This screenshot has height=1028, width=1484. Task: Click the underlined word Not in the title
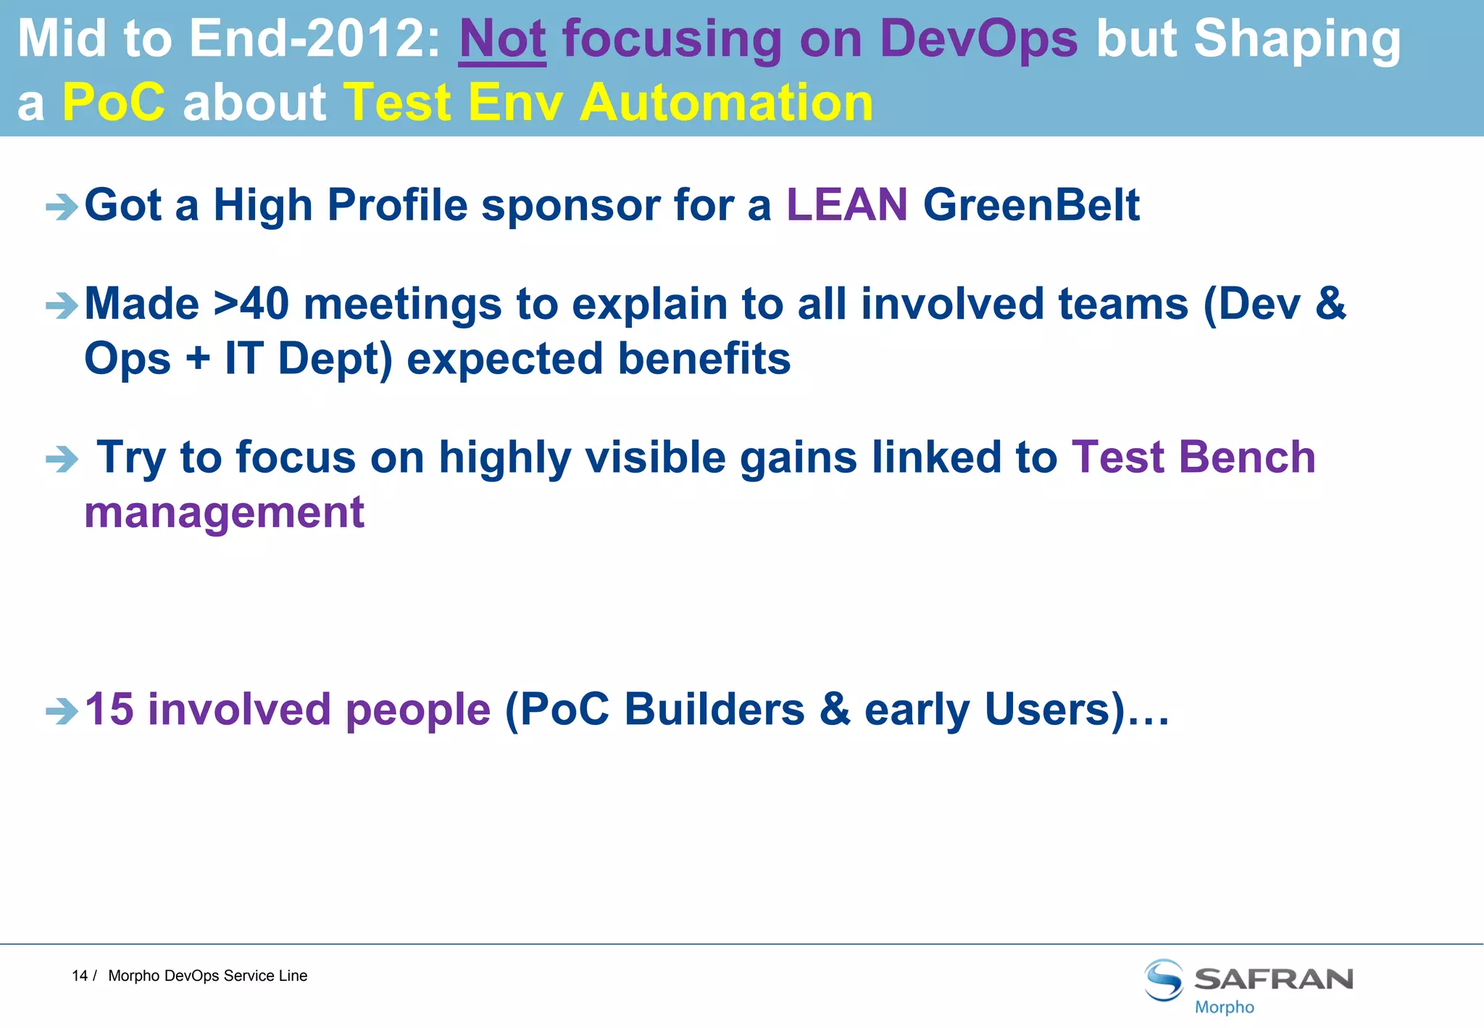(502, 39)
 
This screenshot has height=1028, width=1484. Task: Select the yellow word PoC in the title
(114, 103)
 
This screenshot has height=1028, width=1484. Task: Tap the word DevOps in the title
(978, 39)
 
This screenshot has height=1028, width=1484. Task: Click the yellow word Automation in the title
(726, 103)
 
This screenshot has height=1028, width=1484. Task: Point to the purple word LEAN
(846, 205)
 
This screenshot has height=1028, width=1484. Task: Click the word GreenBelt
(1031, 205)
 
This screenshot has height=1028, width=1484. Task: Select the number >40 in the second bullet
(251, 304)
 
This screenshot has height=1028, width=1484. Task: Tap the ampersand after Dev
(1330, 304)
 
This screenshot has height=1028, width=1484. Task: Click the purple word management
(225, 513)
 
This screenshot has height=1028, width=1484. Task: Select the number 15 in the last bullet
(109, 709)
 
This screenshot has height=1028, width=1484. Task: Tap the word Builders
(714, 709)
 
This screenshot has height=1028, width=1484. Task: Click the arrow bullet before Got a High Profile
(62, 207)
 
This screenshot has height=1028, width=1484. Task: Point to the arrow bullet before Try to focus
(62, 459)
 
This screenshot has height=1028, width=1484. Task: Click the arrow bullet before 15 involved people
(62, 711)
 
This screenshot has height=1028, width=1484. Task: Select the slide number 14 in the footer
(79, 976)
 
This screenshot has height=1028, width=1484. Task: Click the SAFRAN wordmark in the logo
(1273, 979)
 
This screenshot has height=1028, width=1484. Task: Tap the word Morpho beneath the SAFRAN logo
(1224, 1007)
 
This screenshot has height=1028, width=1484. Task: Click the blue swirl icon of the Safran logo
(1164, 980)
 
